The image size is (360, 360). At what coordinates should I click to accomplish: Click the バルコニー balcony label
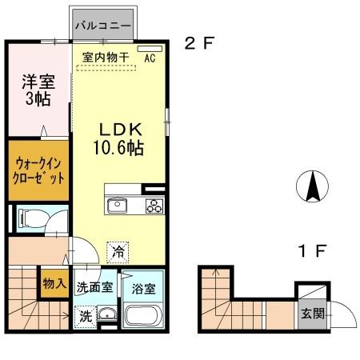click(x=104, y=25)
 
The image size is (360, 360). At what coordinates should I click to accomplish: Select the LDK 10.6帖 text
click(x=120, y=139)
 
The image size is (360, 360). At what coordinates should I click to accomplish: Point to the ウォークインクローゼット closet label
click(x=38, y=170)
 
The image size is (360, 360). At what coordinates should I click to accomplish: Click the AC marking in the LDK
click(x=149, y=58)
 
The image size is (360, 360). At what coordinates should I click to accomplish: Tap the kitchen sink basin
click(x=117, y=206)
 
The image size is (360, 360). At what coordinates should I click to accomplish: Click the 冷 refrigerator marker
click(x=118, y=250)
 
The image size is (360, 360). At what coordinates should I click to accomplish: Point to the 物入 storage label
click(x=54, y=283)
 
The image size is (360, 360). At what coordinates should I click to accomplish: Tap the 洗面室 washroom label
click(x=94, y=286)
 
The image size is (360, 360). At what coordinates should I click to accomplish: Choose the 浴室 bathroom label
click(x=144, y=286)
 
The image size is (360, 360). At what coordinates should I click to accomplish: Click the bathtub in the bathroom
click(x=143, y=315)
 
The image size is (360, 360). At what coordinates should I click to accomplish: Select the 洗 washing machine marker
click(x=85, y=314)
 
